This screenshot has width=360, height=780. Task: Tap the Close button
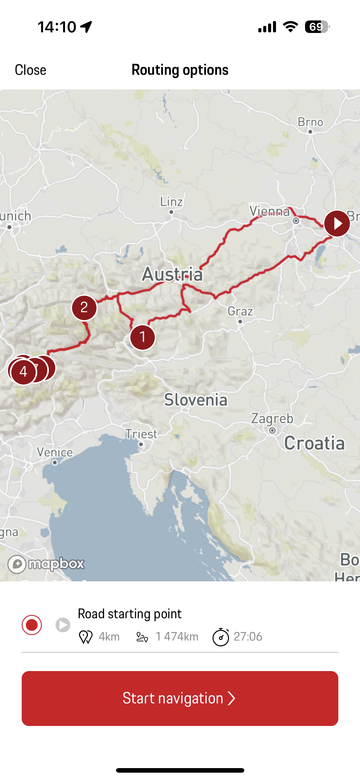point(31,70)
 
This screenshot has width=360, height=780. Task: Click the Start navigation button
point(180,698)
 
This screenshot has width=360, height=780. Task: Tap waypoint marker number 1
point(142,337)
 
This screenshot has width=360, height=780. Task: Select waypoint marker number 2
point(84,308)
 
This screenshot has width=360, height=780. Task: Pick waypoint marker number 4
point(23,372)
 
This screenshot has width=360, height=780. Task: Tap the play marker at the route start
point(337,223)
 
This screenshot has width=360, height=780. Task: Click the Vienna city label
point(270,211)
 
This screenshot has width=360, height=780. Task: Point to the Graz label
point(240,312)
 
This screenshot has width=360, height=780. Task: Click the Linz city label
point(172,202)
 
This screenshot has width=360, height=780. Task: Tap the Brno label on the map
point(311,122)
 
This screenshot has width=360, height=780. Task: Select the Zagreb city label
point(272,419)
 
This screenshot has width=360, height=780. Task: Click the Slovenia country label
point(196,400)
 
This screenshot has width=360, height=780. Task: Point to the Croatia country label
point(315,443)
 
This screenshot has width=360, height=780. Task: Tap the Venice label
point(55,452)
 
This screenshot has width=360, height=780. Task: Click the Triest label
point(141,434)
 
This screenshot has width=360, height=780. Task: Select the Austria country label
point(173,274)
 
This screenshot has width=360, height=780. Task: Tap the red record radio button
point(32,625)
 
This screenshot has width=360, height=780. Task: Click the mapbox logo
point(46,564)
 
